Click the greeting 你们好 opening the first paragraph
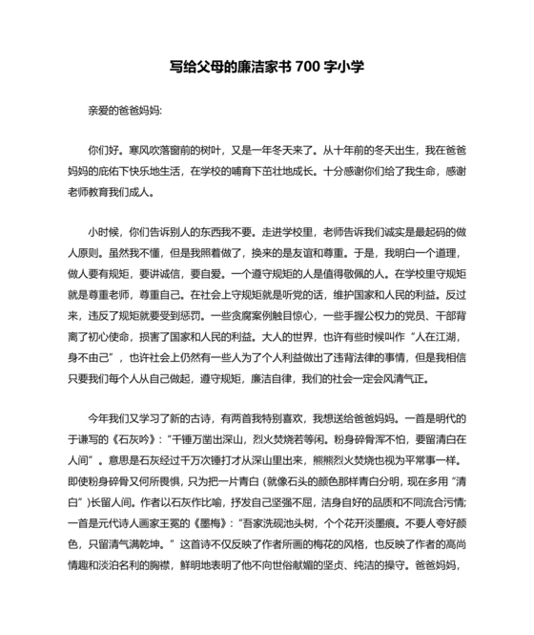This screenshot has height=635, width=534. [x=101, y=150]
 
